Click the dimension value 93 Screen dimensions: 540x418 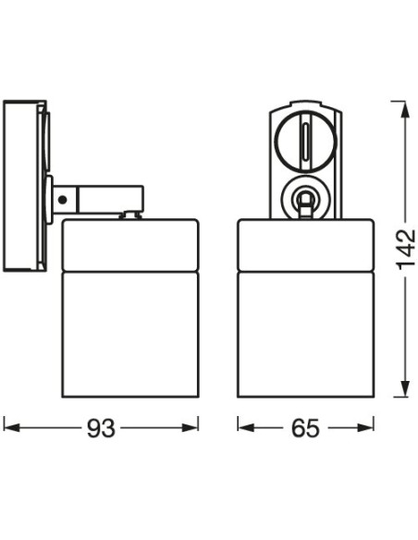101,428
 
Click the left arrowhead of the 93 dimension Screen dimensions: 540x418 9,428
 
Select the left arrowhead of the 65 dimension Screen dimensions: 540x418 243,428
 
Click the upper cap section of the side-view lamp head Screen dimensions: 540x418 130,244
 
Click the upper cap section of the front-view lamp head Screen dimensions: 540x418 304,244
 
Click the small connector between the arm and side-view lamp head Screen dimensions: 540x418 131,215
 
